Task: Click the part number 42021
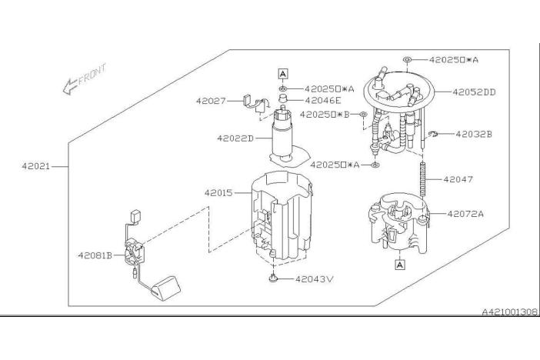[36, 166]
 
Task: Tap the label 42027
[211, 101]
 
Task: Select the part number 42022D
[235, 138]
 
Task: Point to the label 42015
[218, 193]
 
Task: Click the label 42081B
[95, 255]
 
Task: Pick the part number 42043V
[315, 279]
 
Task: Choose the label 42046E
[322, 100]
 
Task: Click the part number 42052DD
[474, 92]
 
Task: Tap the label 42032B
[474, 134]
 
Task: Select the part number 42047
[458, 179]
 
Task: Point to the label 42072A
[465, 214]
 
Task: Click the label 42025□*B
[325, 115]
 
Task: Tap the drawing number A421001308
[509, 312]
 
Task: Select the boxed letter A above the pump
[283, 74]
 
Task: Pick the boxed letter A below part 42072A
[400, 265]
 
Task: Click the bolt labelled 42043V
[273, 278]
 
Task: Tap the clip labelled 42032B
[433, 134]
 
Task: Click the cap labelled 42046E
[283, 98]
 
